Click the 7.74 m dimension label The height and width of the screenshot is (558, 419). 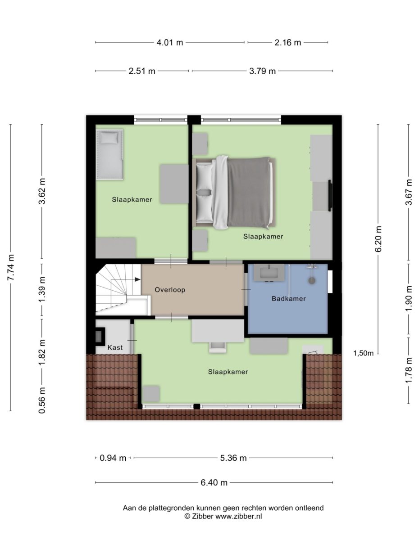[x=11, y=267]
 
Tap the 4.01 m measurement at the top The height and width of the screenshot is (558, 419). [x=170, y=43]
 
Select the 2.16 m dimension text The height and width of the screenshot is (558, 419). [x=287, y=43]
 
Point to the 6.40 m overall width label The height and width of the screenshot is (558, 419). [x=214, y=483]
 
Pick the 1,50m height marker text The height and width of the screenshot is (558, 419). [x=363, y=353]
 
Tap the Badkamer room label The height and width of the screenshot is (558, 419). [x=288, y=298]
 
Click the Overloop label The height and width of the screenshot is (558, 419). [x=170, y=290]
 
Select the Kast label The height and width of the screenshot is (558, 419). [x=115, y=347]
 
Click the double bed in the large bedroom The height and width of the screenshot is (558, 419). [x=234, y=192]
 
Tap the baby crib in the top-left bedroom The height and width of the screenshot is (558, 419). [x=109, y=154]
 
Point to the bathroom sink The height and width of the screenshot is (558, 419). [x=269, y=273]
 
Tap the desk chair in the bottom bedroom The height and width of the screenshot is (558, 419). [x=218, y=346]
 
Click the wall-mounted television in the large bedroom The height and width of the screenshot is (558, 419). [x=330, y=195]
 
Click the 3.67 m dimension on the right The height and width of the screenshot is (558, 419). [x=409, y=192]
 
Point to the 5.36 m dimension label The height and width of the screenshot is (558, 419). [x=233, y=458]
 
